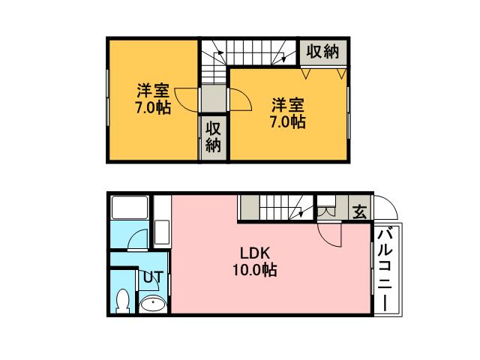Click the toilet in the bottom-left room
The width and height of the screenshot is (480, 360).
pyautogui.click(x=124, y=301)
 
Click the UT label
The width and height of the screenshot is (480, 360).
pyautogui.click(x=152, y=277)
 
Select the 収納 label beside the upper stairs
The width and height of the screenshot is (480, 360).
pyautogui.click(x=322, y=52)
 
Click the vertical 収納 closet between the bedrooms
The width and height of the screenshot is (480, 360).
pyautogui.click(x=214, y=136)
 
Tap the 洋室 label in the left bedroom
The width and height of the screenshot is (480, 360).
pyautogui.click(x=152, y=91)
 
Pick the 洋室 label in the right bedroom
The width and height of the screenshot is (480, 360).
pyautogui.click(x=287, y=105)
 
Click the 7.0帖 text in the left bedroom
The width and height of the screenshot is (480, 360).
pyautogui.click(x=152, y=108)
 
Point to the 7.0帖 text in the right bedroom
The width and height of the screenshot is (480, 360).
pyautogui.click(x=287, y=121)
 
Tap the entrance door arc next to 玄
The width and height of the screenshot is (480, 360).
pyautogui.click(x=385, y=208)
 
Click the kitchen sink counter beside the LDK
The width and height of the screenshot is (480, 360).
pyautogui.click(x=162, y=221)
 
